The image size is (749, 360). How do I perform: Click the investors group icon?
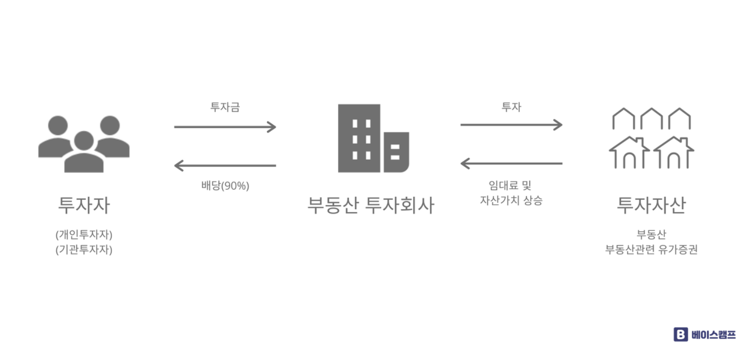[84, 144]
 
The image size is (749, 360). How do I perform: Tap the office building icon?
[373, 138]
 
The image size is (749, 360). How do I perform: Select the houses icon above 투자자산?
[651, 138]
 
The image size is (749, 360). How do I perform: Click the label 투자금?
[225, 107]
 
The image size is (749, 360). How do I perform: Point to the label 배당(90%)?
[225, 186]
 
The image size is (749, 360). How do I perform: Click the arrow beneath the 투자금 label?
[225, 127]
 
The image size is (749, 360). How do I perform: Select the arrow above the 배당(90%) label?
[225, 165]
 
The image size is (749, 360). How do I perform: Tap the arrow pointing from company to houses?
[511, 125]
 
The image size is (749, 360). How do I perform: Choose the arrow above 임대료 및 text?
[511, 163]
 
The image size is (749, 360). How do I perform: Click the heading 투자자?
[84, 205]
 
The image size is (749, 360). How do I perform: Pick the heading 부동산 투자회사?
[370, 205]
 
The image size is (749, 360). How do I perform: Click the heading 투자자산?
[651, 205]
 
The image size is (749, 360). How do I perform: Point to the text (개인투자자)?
[84, 234]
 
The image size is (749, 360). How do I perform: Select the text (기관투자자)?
[84, 249]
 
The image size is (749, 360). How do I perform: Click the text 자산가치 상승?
[511, 200]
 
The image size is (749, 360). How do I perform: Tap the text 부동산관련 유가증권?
[651, 249]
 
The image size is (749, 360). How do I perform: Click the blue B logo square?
[680, 334]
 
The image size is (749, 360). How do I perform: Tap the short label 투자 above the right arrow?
[511, 107]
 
